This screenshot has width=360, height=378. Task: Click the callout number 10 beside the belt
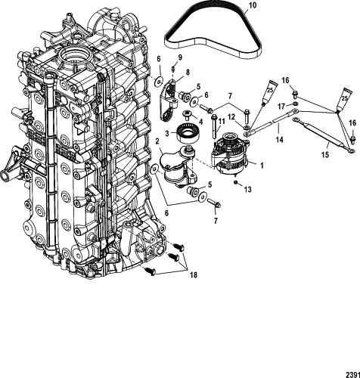tap(253, 5)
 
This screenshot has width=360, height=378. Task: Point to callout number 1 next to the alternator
tap(262, 166)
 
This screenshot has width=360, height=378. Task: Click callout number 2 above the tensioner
tap(157, 141)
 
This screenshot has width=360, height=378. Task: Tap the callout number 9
tap(180, 57)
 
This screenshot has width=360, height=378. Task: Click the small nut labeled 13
tap(235, 182)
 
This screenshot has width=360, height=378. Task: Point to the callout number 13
tap(248, 189)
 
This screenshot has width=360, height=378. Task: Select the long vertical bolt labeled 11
tap(214, 127)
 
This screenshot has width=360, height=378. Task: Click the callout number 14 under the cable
tap(279, 139)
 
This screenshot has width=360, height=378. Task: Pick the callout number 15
tap(325, 154)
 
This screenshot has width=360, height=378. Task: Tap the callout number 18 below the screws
tap(194, 275)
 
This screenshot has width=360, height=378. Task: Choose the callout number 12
tap(232, 116)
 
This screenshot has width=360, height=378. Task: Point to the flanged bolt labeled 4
tap(187, 115)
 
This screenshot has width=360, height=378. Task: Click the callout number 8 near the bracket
tap(188, 73)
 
